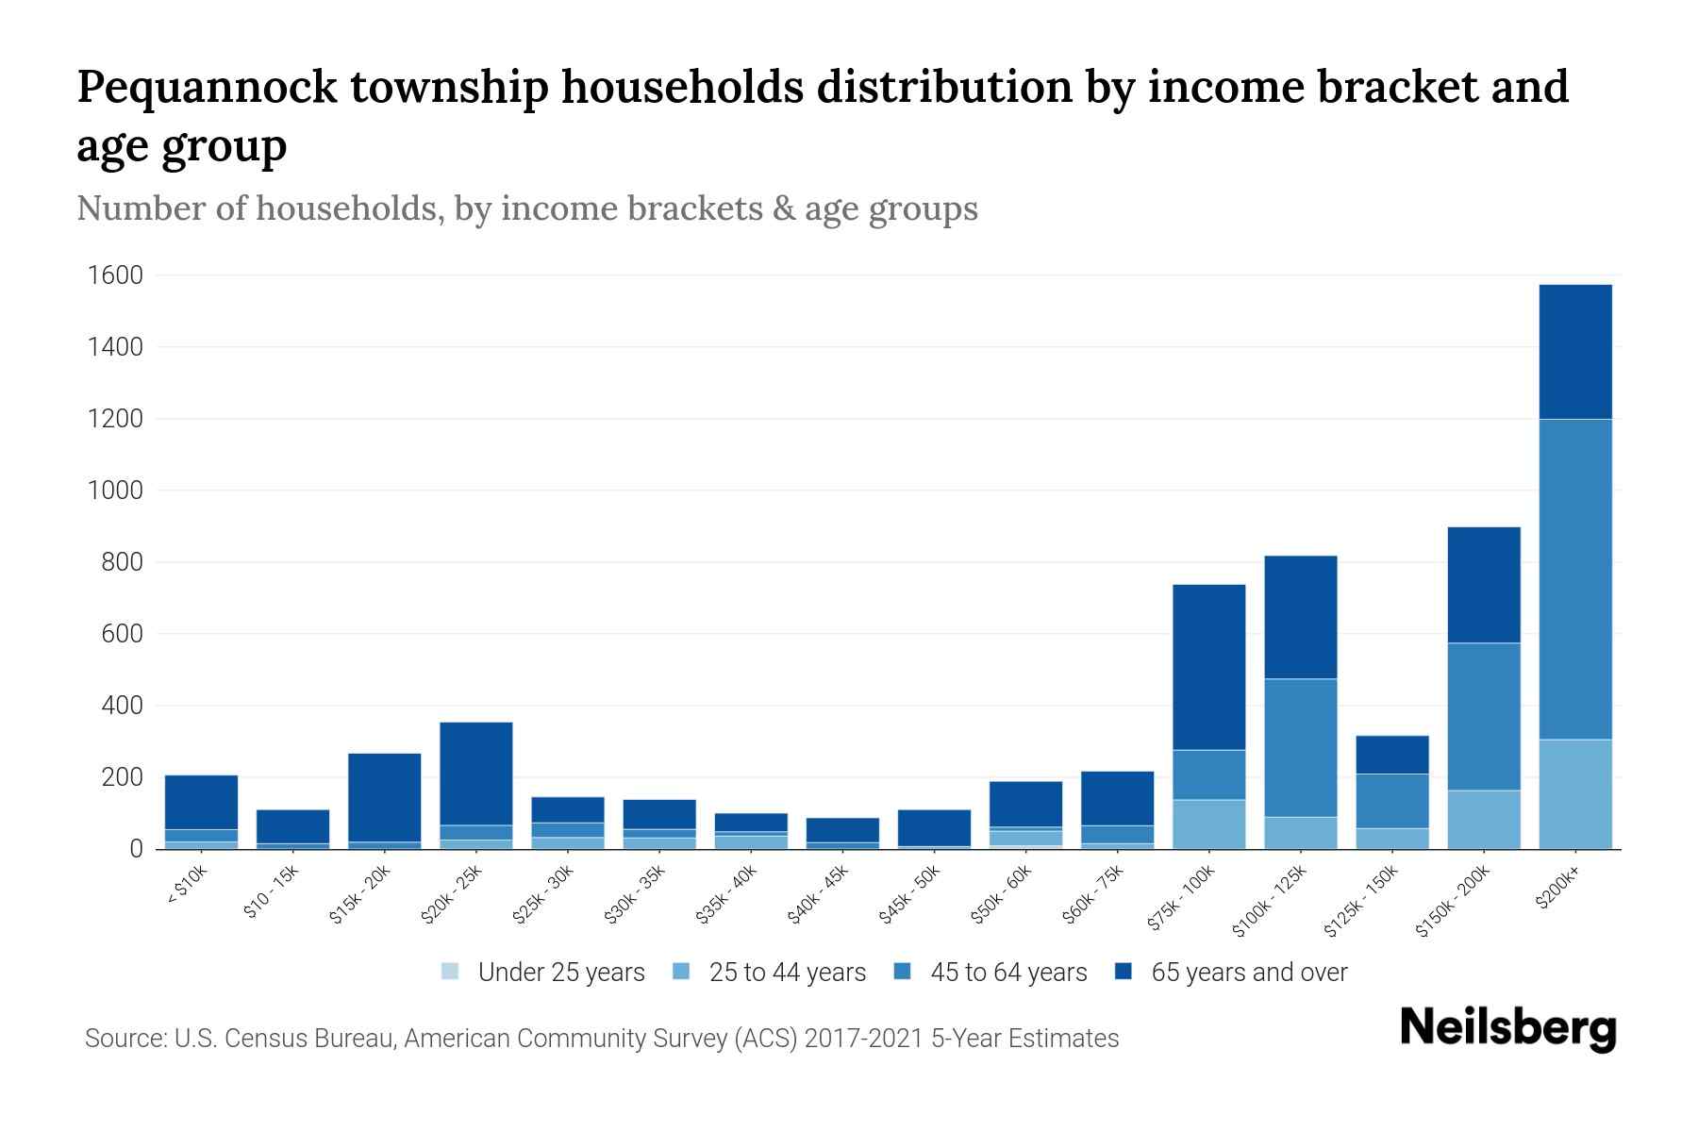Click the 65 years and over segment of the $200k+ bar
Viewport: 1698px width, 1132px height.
[1574, 351]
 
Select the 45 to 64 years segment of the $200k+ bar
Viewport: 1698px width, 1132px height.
[1574, 578]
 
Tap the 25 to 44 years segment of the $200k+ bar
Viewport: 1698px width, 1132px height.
[1574, 793]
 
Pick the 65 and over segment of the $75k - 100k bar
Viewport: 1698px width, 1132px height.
[1208, 667]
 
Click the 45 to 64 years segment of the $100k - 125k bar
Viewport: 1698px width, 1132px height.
[1300, 747]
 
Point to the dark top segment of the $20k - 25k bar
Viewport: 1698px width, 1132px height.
[476, 773]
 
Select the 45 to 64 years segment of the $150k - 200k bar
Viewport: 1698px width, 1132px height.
[1483, 716]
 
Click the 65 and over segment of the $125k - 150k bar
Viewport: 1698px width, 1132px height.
[1391, 755]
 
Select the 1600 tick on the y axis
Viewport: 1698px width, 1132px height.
[115, 275]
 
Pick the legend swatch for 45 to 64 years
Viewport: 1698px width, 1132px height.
[902, 972]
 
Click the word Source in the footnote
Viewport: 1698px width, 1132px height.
[124, 1039]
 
